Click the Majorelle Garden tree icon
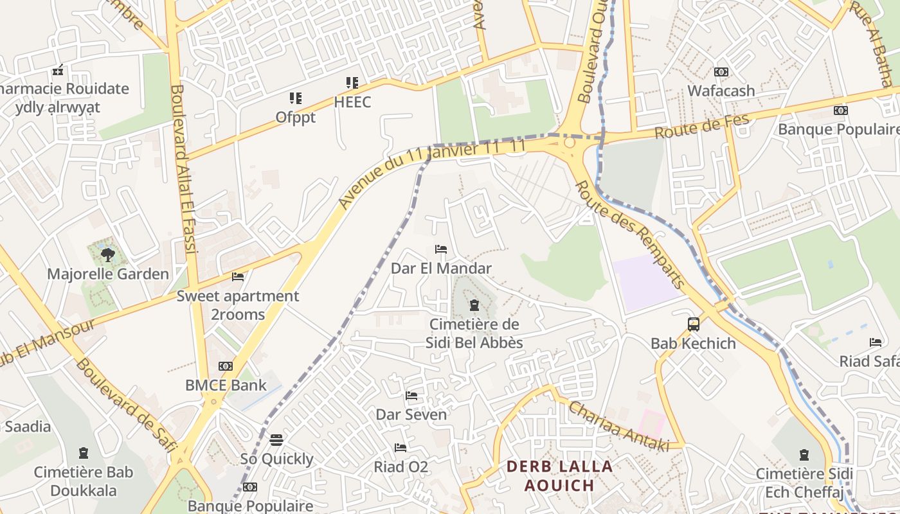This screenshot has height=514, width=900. tap(107, 254)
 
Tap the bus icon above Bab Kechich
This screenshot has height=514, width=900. tap(693, 324)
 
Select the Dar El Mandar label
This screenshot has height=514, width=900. tap(441, 269)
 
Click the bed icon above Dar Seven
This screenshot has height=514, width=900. tap(411, 395)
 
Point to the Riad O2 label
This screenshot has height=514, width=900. tap(401, 467)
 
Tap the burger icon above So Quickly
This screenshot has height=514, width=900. tap(276, 439)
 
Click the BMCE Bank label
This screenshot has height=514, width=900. tap(226, 385)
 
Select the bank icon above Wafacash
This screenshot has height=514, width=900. tap(721, 72)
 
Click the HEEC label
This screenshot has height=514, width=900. tap(352, 102)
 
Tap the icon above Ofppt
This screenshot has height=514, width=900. tap(295, 98)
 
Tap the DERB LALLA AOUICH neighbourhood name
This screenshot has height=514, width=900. tap(559, 475)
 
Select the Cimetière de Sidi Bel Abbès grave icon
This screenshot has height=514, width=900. tap(474, 305)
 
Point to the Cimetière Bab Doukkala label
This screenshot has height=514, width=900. tap(84, 481)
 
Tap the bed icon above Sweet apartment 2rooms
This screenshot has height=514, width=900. tap(238, 277)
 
